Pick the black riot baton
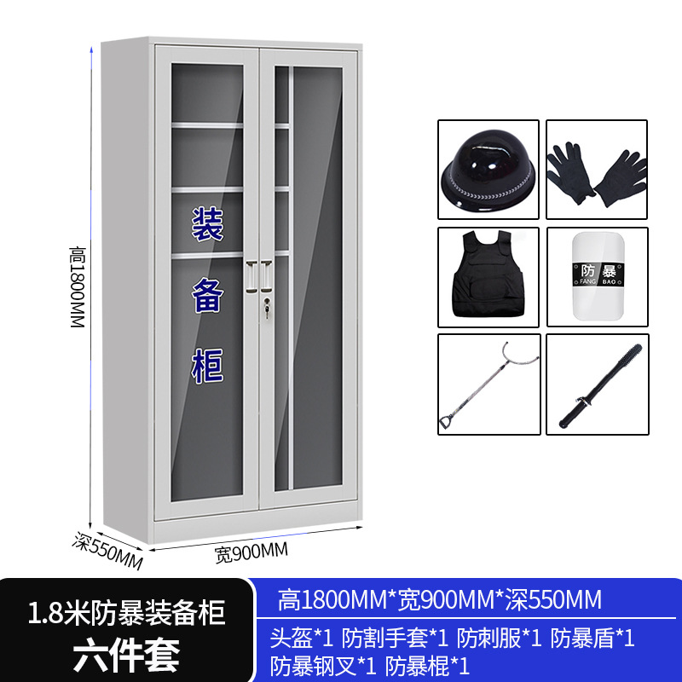[x=597, y=385]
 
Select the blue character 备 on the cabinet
[x=206, y=296]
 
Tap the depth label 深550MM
[x=107, y=551]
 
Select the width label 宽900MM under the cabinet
[x=251, y=552]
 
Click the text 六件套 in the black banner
[x=126, y=655]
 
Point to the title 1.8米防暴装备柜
[x=126, y=612]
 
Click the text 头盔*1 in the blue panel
[x=302, y=638]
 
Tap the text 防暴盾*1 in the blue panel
[x=592, y=638]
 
